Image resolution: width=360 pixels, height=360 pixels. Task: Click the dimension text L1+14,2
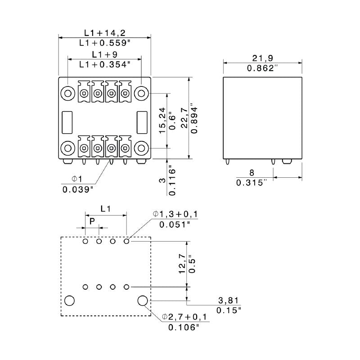104,33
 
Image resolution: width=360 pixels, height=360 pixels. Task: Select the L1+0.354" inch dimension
104,64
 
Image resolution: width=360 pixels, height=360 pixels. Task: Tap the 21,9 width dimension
263,58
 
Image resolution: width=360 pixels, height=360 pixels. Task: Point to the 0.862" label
263,68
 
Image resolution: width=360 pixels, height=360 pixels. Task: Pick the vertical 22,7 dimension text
184,119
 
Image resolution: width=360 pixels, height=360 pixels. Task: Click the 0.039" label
78,189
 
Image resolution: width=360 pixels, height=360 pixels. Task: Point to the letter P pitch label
92,221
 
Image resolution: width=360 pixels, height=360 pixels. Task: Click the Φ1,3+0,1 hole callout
178,213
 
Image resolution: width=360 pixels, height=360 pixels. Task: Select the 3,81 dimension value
228,300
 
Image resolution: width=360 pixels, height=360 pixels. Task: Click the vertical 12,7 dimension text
181,264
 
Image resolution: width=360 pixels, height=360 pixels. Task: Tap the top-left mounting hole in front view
68,94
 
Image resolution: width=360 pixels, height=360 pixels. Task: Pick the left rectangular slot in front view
67,121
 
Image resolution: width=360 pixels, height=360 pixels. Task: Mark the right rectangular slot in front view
143,121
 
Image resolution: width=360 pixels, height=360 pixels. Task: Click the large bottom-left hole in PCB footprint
70,301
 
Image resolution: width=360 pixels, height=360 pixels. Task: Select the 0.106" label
184,328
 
